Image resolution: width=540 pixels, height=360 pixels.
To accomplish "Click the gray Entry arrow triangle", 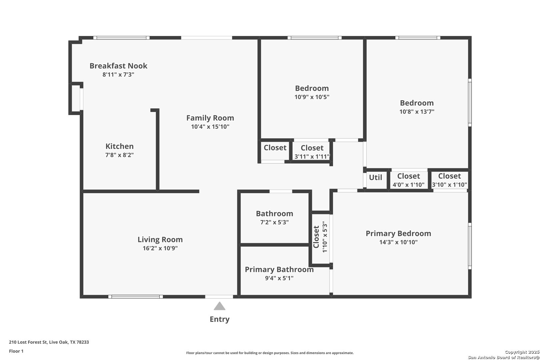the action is pos(219,306).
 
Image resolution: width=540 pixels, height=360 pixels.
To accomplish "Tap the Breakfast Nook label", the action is pos(118,66).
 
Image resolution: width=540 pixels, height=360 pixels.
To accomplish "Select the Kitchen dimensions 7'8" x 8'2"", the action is pos(120,155).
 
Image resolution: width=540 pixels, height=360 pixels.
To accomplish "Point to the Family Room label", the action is pos(210,118).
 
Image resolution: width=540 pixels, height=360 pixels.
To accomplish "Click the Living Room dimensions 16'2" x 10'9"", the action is pos(160,248).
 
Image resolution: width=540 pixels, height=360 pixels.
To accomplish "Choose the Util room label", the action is pos(376,177).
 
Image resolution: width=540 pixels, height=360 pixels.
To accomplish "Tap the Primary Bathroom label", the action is pos(279,269).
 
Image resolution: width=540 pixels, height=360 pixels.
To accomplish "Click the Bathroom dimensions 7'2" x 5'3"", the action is pos(274,222).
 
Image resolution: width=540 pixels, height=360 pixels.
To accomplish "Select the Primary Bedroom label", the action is pos(398,233).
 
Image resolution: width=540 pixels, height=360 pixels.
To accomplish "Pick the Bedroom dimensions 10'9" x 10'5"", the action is pos(312,97).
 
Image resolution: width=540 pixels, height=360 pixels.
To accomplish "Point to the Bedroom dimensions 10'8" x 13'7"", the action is pos(417,112).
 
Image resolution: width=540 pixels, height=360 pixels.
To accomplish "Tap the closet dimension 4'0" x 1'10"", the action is pos(409,185).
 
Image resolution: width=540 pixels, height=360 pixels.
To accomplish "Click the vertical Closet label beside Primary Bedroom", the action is pos(316,237).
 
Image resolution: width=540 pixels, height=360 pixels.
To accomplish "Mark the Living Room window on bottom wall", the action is pos(135,297).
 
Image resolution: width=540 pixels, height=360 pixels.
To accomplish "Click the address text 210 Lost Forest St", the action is pos(28,342).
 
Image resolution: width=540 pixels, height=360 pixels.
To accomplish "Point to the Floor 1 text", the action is pos(16,351).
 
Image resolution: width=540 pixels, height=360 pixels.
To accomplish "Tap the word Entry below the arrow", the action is pos(220,319).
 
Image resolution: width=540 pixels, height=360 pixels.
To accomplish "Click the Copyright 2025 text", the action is pos(522,352).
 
